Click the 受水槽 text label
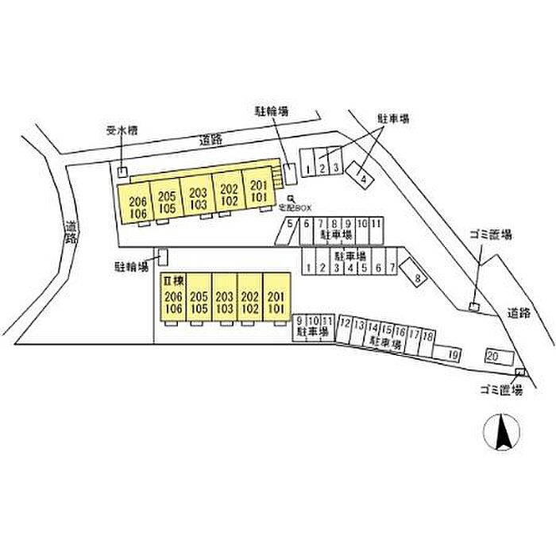(x=122, y=130)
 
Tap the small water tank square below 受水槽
(x=122, y=172)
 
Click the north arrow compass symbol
(x=502, y=434)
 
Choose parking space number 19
(x=453, y=353)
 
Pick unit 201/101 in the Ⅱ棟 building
(x=276, y=303)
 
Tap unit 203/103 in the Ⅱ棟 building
(x=225, y=303)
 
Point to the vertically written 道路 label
(x=71, y=230)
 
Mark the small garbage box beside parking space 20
(x=519, y=373)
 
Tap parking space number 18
(x=428, y=337)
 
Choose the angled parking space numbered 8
(x=417, y=276)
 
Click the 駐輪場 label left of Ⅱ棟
(x=133, y=268)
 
